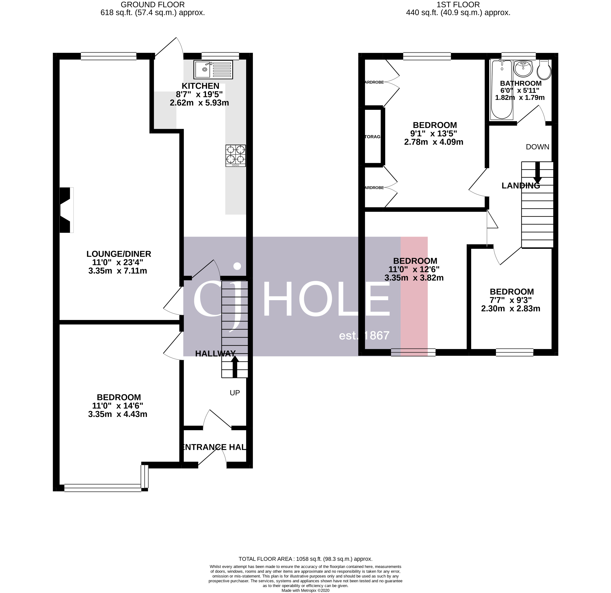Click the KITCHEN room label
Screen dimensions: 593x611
[201, 86]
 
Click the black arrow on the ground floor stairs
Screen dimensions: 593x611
[235, 367]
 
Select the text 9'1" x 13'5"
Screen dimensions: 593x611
[433, 134]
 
